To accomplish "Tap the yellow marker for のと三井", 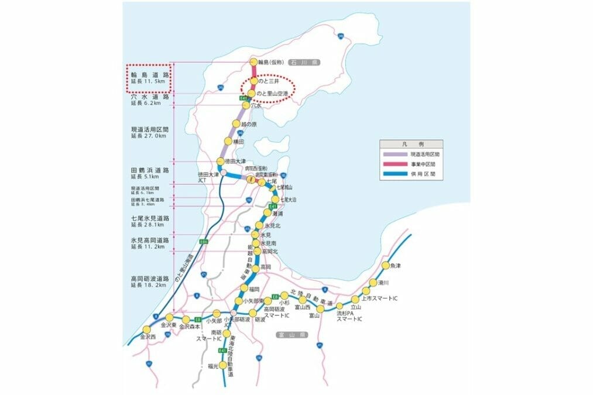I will coord(253,81).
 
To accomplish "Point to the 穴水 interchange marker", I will coord(246,105).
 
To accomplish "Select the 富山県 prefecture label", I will coord(292,335).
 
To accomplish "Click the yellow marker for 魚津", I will coord(385,266).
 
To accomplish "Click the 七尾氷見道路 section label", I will coord(150,218).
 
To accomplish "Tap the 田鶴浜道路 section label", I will coord(150,170).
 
